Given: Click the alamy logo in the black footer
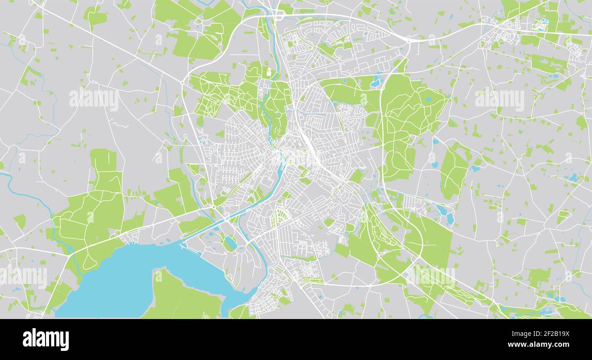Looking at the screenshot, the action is pos(46,340).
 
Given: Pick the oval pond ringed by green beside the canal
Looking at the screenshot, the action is pos(231,243).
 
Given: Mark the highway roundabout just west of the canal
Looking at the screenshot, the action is pos(213,208).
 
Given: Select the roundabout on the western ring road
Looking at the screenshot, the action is pos(182,83).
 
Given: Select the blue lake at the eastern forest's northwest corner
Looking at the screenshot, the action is pos(377,81).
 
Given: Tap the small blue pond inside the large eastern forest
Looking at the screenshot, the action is pos(428,99).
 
